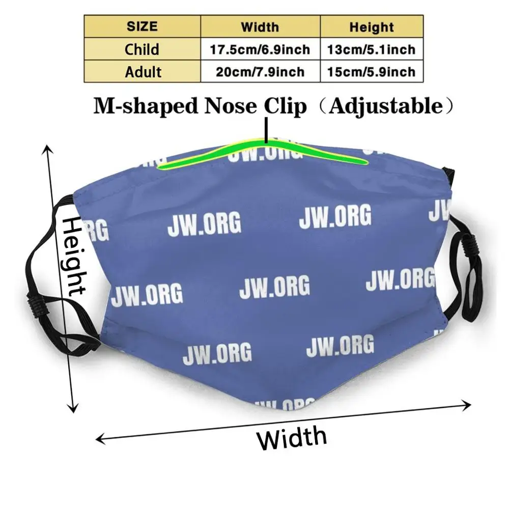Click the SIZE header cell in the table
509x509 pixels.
coord(142,26)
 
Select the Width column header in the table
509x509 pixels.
coord(260,26)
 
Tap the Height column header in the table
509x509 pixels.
coord(371,26)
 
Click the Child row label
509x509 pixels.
coord(142,49)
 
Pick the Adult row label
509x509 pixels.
coord(143,72)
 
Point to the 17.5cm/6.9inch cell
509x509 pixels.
coord(260,49)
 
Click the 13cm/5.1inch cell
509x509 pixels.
coord(372,49)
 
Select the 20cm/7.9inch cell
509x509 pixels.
coord(260,72)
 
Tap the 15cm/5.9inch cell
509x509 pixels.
coord(372,72)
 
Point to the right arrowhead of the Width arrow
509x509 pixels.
coord(467,404)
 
